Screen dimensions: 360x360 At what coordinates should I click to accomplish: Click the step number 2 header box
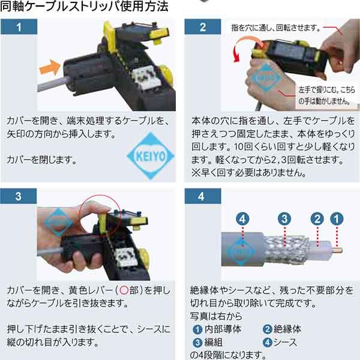202,26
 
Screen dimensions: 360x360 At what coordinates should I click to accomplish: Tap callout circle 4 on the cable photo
242,218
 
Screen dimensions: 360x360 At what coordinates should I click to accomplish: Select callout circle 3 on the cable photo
286,218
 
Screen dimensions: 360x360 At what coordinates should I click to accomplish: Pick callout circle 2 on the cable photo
319,218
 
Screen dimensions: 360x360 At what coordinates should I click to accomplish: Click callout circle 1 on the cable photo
338,218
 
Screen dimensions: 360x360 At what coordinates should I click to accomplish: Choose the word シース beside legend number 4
287,342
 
